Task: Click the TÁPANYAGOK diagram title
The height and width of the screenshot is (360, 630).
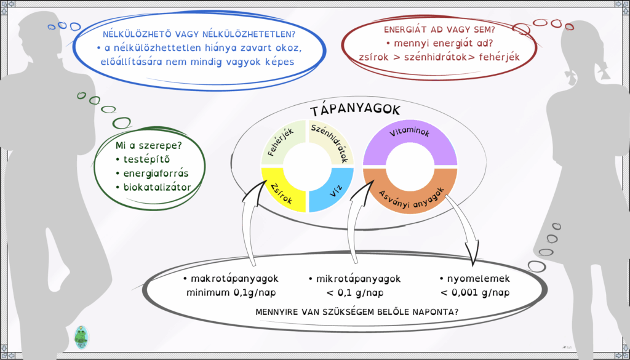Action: (355, 111)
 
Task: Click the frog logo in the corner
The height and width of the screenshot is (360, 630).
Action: (82, 337)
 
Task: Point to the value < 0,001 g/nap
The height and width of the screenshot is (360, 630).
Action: (474, 293)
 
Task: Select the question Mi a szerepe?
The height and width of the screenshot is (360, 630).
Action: (148, 145)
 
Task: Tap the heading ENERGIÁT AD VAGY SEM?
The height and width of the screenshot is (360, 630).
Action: (439, 30)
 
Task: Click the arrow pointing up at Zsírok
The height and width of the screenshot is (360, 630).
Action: (252, 221)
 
